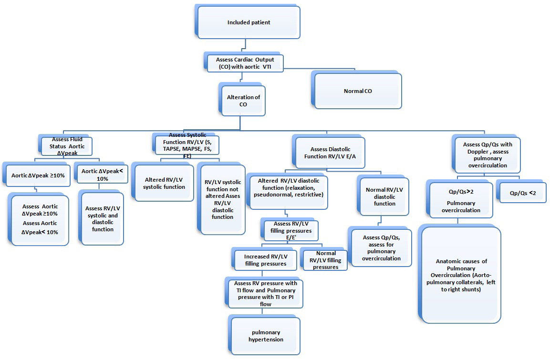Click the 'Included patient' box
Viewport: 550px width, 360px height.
point(249,22)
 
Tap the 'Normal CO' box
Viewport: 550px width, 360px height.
point(358,91)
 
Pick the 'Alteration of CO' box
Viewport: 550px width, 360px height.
point(243,100)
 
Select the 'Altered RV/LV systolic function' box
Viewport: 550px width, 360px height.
point(164,183)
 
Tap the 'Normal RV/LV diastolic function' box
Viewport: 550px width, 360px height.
point(384,196)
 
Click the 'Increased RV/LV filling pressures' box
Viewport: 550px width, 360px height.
point(265,260)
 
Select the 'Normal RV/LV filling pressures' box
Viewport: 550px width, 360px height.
point(325,260)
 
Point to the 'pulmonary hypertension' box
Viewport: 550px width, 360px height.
point(266,336)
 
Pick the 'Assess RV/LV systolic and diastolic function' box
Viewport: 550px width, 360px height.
point(103,218)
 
